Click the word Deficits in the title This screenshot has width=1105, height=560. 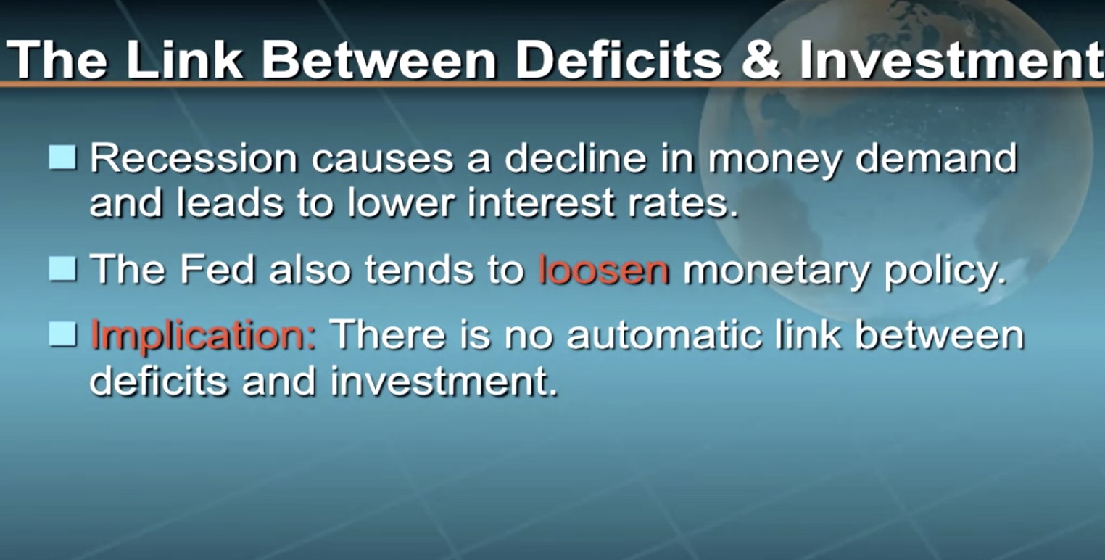(x=619, y=59)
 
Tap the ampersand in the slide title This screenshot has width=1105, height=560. (x=761, y=59)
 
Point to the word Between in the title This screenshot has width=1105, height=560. (x=379, y=59)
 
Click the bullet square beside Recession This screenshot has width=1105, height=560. (x=62, y=157)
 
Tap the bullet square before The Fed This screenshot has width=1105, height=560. (x=62, y=269)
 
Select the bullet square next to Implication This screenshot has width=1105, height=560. (x=62, y=334)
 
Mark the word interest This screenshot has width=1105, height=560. (x=541, y=203)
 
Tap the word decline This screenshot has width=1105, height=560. (x=575, y=158)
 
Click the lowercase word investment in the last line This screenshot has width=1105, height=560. (x=444, y=382)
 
